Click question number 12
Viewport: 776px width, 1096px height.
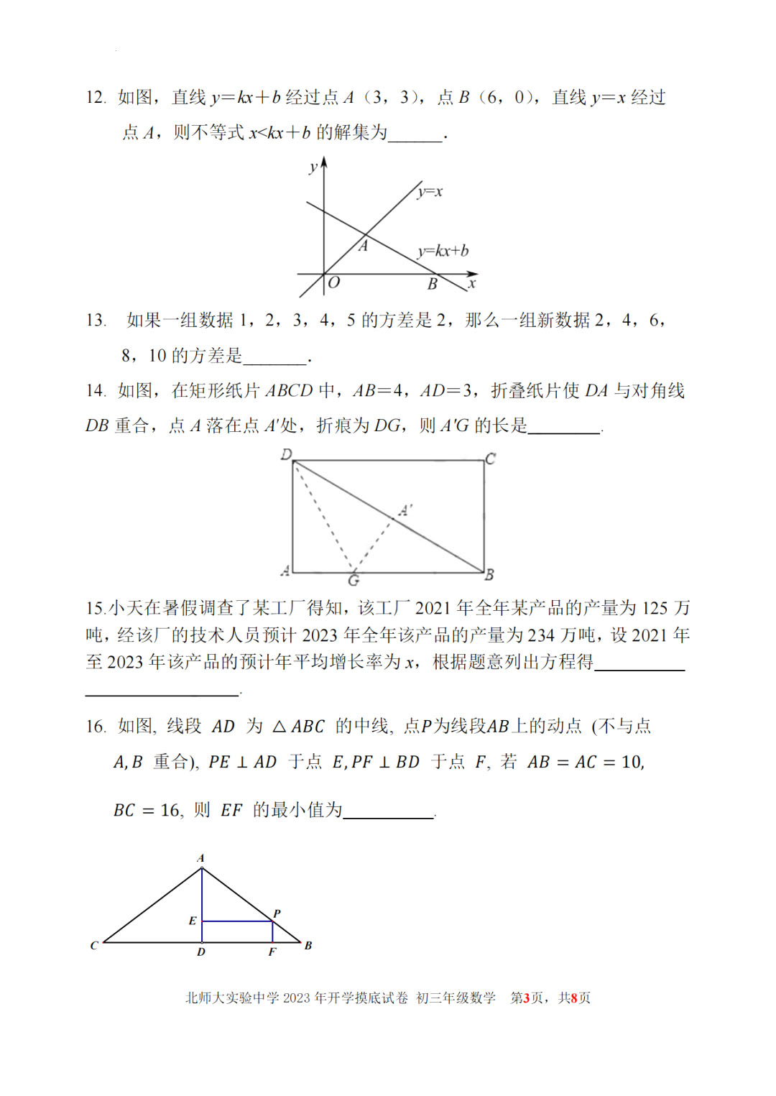click(x=96, y=98)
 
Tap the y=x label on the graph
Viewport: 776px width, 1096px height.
click(x=430, y=191)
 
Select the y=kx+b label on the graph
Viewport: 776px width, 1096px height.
click(x=443, y=250)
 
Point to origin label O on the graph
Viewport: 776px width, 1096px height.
click(x=333, y=283)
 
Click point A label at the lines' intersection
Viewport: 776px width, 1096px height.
click(x=364, y=247)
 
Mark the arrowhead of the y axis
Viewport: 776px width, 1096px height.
click(x=324, y=162)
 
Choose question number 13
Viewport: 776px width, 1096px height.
click(x=96, y=320)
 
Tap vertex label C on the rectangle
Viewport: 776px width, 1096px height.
click(x=490, y=458)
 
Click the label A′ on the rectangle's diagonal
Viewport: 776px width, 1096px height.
click(x=406, y=510)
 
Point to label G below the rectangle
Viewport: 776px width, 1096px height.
click(x=354, y=580)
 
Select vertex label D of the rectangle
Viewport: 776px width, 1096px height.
click(x=286, y=454)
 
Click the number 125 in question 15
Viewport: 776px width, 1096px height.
click(x=655, y=608)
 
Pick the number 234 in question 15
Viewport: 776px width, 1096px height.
click(x=541, y=635)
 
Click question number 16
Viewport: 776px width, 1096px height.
click(x=96, y=727)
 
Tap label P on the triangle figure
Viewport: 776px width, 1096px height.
click(x=277, y=913)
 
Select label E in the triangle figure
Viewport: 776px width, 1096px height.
click(x=193, y=921)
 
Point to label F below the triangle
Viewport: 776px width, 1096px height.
click(x=272, y=952)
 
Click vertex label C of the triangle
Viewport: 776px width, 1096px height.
click(x=94, y=945)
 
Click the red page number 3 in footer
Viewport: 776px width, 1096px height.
click(x=526, y=998)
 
